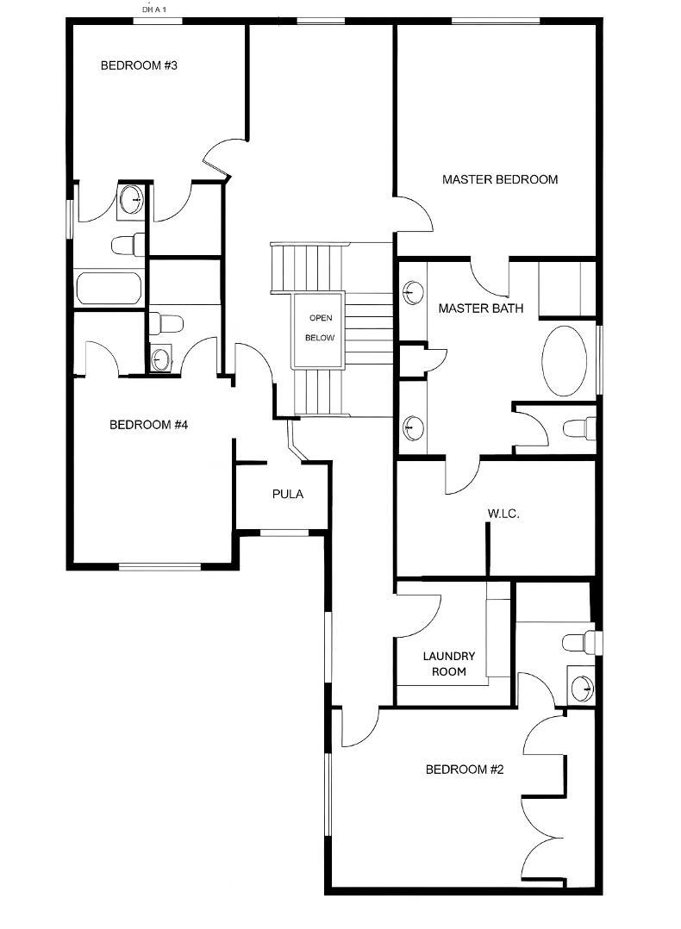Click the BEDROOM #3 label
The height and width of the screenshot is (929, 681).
tap(139, 65)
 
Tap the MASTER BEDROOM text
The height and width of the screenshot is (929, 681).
tap(499, 180)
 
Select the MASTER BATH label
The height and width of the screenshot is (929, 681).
tap(480, 309)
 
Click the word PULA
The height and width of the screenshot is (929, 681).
tap(287, 495)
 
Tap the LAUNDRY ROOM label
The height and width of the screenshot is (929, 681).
tap(444, 664)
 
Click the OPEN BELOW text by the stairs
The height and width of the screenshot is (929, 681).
tap(320, 328)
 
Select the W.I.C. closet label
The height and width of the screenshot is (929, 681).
tap(503, 514)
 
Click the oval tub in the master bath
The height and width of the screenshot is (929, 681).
tap(566, 361)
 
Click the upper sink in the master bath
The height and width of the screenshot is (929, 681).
tap(414, 293)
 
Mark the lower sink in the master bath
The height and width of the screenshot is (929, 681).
tap(414, 426)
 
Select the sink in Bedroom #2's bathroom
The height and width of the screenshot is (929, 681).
tap(582, 688)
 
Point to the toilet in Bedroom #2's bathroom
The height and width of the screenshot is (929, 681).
tap(580, 642)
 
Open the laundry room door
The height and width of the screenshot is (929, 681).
tap(419, 617)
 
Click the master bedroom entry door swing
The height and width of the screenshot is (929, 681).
tap(414, 212)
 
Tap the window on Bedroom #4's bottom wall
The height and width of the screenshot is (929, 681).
tap(159, 566)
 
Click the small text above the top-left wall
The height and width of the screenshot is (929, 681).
tap(153, 9)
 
